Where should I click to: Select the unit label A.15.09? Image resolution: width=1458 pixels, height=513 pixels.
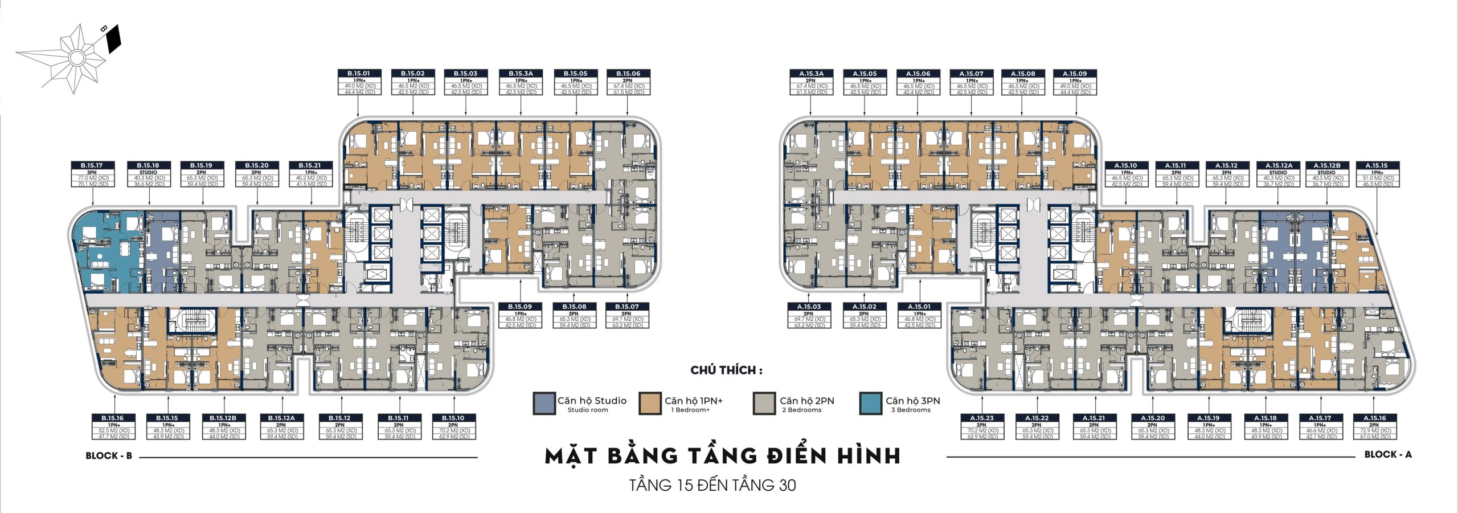(1075, 74)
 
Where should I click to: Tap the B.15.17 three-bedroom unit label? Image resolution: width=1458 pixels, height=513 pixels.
(92, 166)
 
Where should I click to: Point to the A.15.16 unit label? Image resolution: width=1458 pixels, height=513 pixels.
(1375, 418)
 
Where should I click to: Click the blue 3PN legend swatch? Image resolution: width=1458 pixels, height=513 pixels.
(870, 403)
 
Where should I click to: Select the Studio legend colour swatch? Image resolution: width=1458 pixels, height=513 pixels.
(544, 403)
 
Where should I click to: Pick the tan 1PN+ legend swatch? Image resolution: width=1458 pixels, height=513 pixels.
(650, 403)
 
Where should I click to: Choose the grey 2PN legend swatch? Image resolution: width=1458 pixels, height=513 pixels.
(764, 403)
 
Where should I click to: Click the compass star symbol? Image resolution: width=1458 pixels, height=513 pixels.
(76, 57)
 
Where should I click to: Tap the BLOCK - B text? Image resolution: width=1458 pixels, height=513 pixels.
(109, 455)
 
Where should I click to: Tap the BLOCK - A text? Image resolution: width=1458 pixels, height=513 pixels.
(1388, 454)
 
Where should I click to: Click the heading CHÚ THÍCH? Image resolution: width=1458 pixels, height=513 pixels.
(726, 370)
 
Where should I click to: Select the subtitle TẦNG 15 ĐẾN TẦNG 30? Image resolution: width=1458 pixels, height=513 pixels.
(712, 486)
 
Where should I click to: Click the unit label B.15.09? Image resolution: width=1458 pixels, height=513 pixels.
(520, 307)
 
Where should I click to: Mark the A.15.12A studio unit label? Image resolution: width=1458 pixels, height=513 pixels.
(1279, 166)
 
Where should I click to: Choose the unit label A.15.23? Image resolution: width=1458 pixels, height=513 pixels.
(981, 418)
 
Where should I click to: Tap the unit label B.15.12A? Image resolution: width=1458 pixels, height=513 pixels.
(281, 418)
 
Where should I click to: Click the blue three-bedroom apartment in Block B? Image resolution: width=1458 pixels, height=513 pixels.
(108, 251)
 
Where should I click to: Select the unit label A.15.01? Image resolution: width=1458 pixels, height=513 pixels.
(919, 307)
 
